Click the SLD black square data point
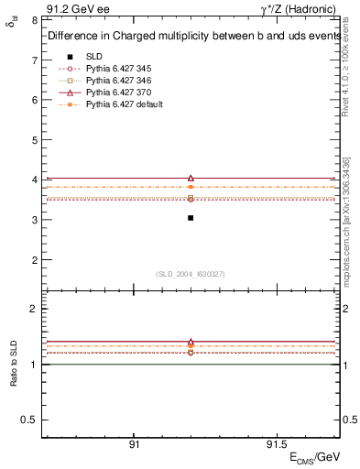tap(191, 218)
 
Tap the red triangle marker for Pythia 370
tap(191, 178)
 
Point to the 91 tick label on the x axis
tap(134, 443)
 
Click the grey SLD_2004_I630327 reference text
tap(191, 274)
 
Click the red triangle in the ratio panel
tap(191, 342)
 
